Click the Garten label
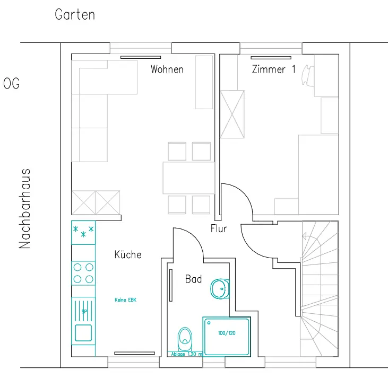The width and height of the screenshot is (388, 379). [75, 14]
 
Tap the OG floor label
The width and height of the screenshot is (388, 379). [11, 84]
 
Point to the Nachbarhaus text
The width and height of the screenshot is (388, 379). [24, 208]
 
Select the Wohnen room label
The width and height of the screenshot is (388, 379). [167, 69]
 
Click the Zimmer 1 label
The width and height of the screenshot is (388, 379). [274, 69]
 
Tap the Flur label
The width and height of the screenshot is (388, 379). [219, 228]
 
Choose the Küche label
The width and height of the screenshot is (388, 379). [128, 254]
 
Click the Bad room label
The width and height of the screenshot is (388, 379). [194, 279]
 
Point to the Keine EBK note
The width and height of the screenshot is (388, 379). [125, 300]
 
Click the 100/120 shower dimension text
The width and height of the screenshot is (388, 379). [227, 333]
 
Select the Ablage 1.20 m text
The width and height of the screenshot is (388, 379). [187, 354]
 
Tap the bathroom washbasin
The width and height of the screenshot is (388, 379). [220, 289]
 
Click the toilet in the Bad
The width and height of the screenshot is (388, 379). [185, 339]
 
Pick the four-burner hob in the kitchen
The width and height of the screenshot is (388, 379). [83, 274]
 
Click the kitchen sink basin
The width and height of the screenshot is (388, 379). [83, 333]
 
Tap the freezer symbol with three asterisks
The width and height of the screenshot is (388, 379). [83, 233]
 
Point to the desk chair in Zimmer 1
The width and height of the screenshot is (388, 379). [308, 75]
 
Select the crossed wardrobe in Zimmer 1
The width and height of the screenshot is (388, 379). [232, 114]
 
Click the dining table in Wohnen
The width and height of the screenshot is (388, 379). [189, 178]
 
